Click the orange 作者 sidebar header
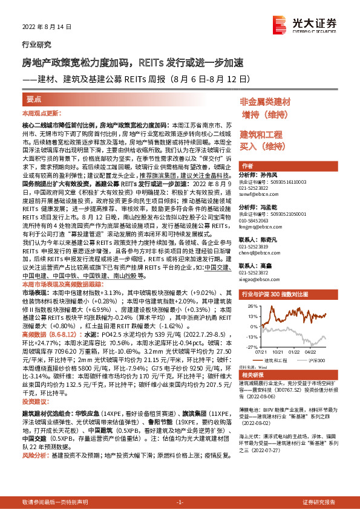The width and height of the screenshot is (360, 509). click(247, 165)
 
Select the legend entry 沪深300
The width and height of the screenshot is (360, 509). click(316, 360)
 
